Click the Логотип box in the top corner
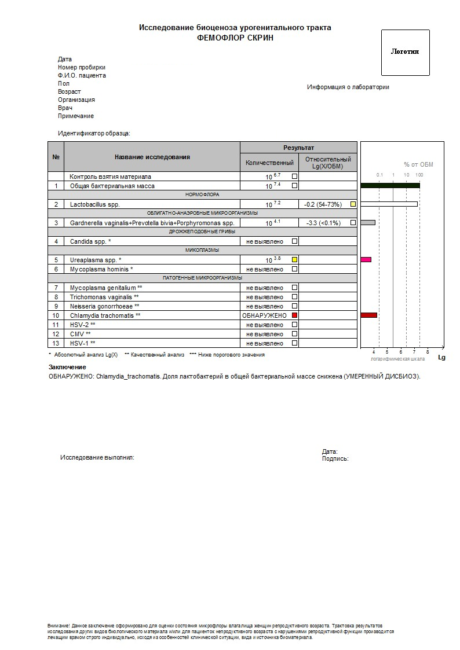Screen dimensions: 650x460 click(x=405, y=52)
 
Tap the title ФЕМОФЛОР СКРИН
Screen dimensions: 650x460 click(x=235, y=38)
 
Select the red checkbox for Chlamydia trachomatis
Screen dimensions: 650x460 click(x=294, y=315)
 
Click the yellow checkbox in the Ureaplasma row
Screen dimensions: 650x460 click(x=294, y=260)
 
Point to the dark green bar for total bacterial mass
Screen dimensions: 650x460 click(x=390, y=185)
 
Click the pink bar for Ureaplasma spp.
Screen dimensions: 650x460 click(x=366, y=260)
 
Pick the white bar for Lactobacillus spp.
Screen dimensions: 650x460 click(x=389, y=204)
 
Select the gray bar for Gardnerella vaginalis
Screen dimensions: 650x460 click(x=368, y=222)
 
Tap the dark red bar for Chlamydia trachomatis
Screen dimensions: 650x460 click(x=368, y=315)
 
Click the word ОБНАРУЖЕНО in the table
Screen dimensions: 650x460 click(x=265, y=315)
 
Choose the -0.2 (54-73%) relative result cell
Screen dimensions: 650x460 click(x=323, y=204)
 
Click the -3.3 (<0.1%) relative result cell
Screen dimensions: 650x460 click(x=323, y=223)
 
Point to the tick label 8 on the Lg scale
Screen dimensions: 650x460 click(x=428, y=351)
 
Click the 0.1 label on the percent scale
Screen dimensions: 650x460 click(x=379, y=175)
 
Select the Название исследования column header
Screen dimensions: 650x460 click(x=152, y=157)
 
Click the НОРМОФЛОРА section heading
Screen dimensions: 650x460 click(x=202, y=195)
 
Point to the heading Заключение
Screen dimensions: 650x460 click(x=67, y=367)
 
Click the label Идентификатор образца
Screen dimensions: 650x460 click(x=94, y=133)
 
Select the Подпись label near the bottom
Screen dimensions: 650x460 click(x=335, y=458)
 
